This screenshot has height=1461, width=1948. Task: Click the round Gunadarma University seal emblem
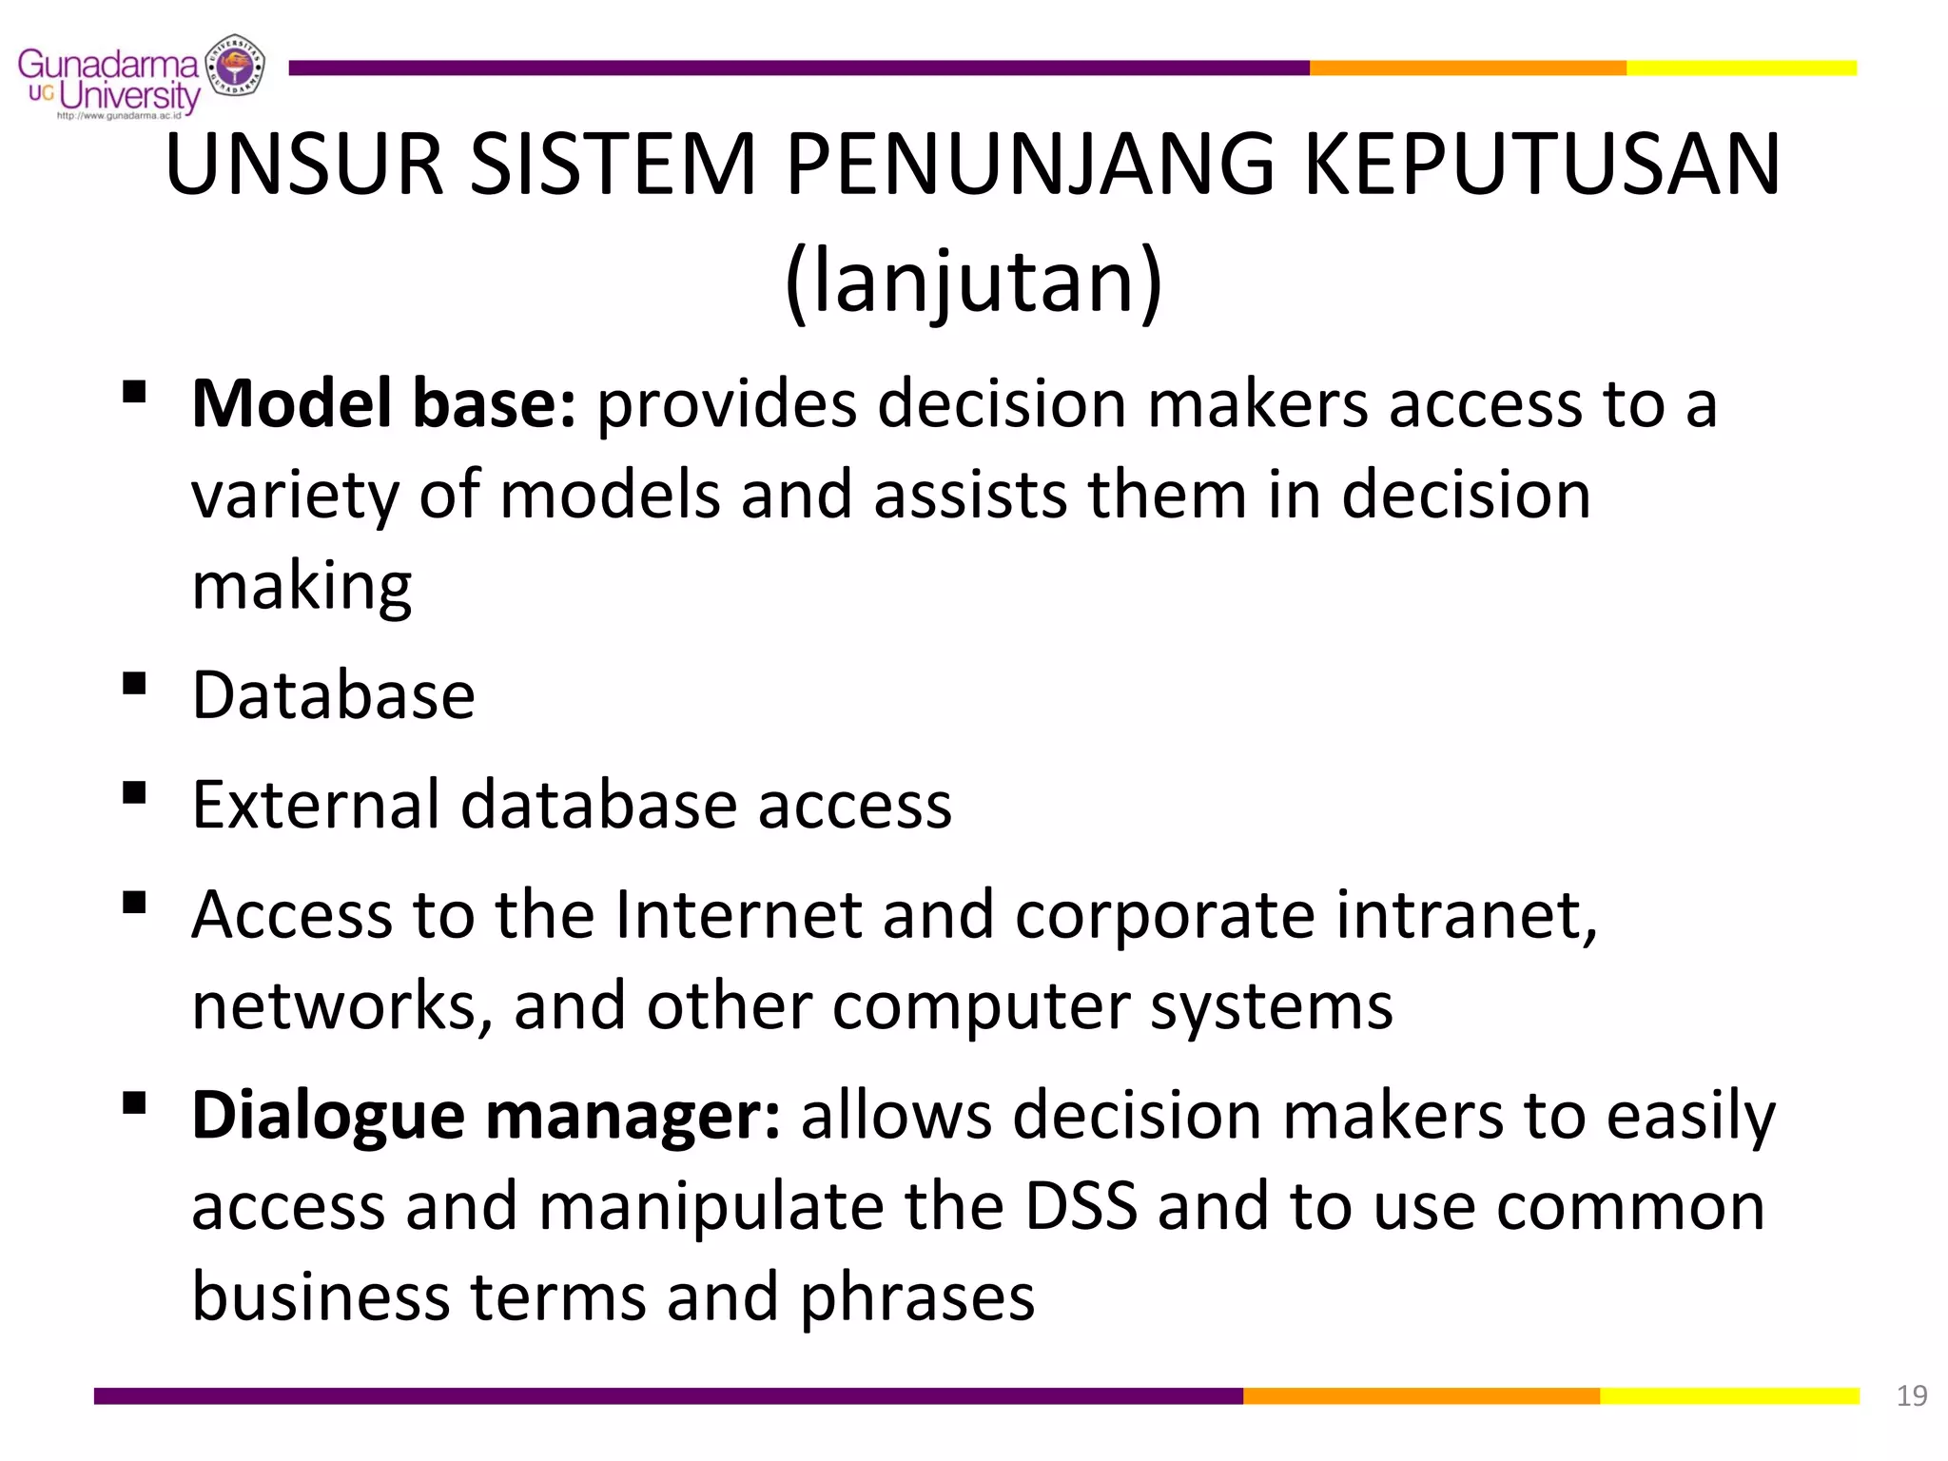235,66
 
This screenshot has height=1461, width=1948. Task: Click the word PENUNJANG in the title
1030,166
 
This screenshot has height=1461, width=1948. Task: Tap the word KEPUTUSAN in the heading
1542,166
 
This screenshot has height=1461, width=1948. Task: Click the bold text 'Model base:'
383,404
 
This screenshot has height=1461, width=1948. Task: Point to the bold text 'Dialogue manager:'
486,1115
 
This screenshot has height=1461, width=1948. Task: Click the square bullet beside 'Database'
134,684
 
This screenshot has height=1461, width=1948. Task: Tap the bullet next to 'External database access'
134,793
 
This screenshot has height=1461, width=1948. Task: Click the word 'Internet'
738,915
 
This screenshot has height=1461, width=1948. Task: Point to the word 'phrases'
917,1297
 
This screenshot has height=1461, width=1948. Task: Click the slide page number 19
1911,1395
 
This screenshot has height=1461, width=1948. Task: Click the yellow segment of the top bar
1741,68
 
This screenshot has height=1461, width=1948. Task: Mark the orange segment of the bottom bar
1421,1395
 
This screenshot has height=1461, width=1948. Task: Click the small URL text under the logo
119,116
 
